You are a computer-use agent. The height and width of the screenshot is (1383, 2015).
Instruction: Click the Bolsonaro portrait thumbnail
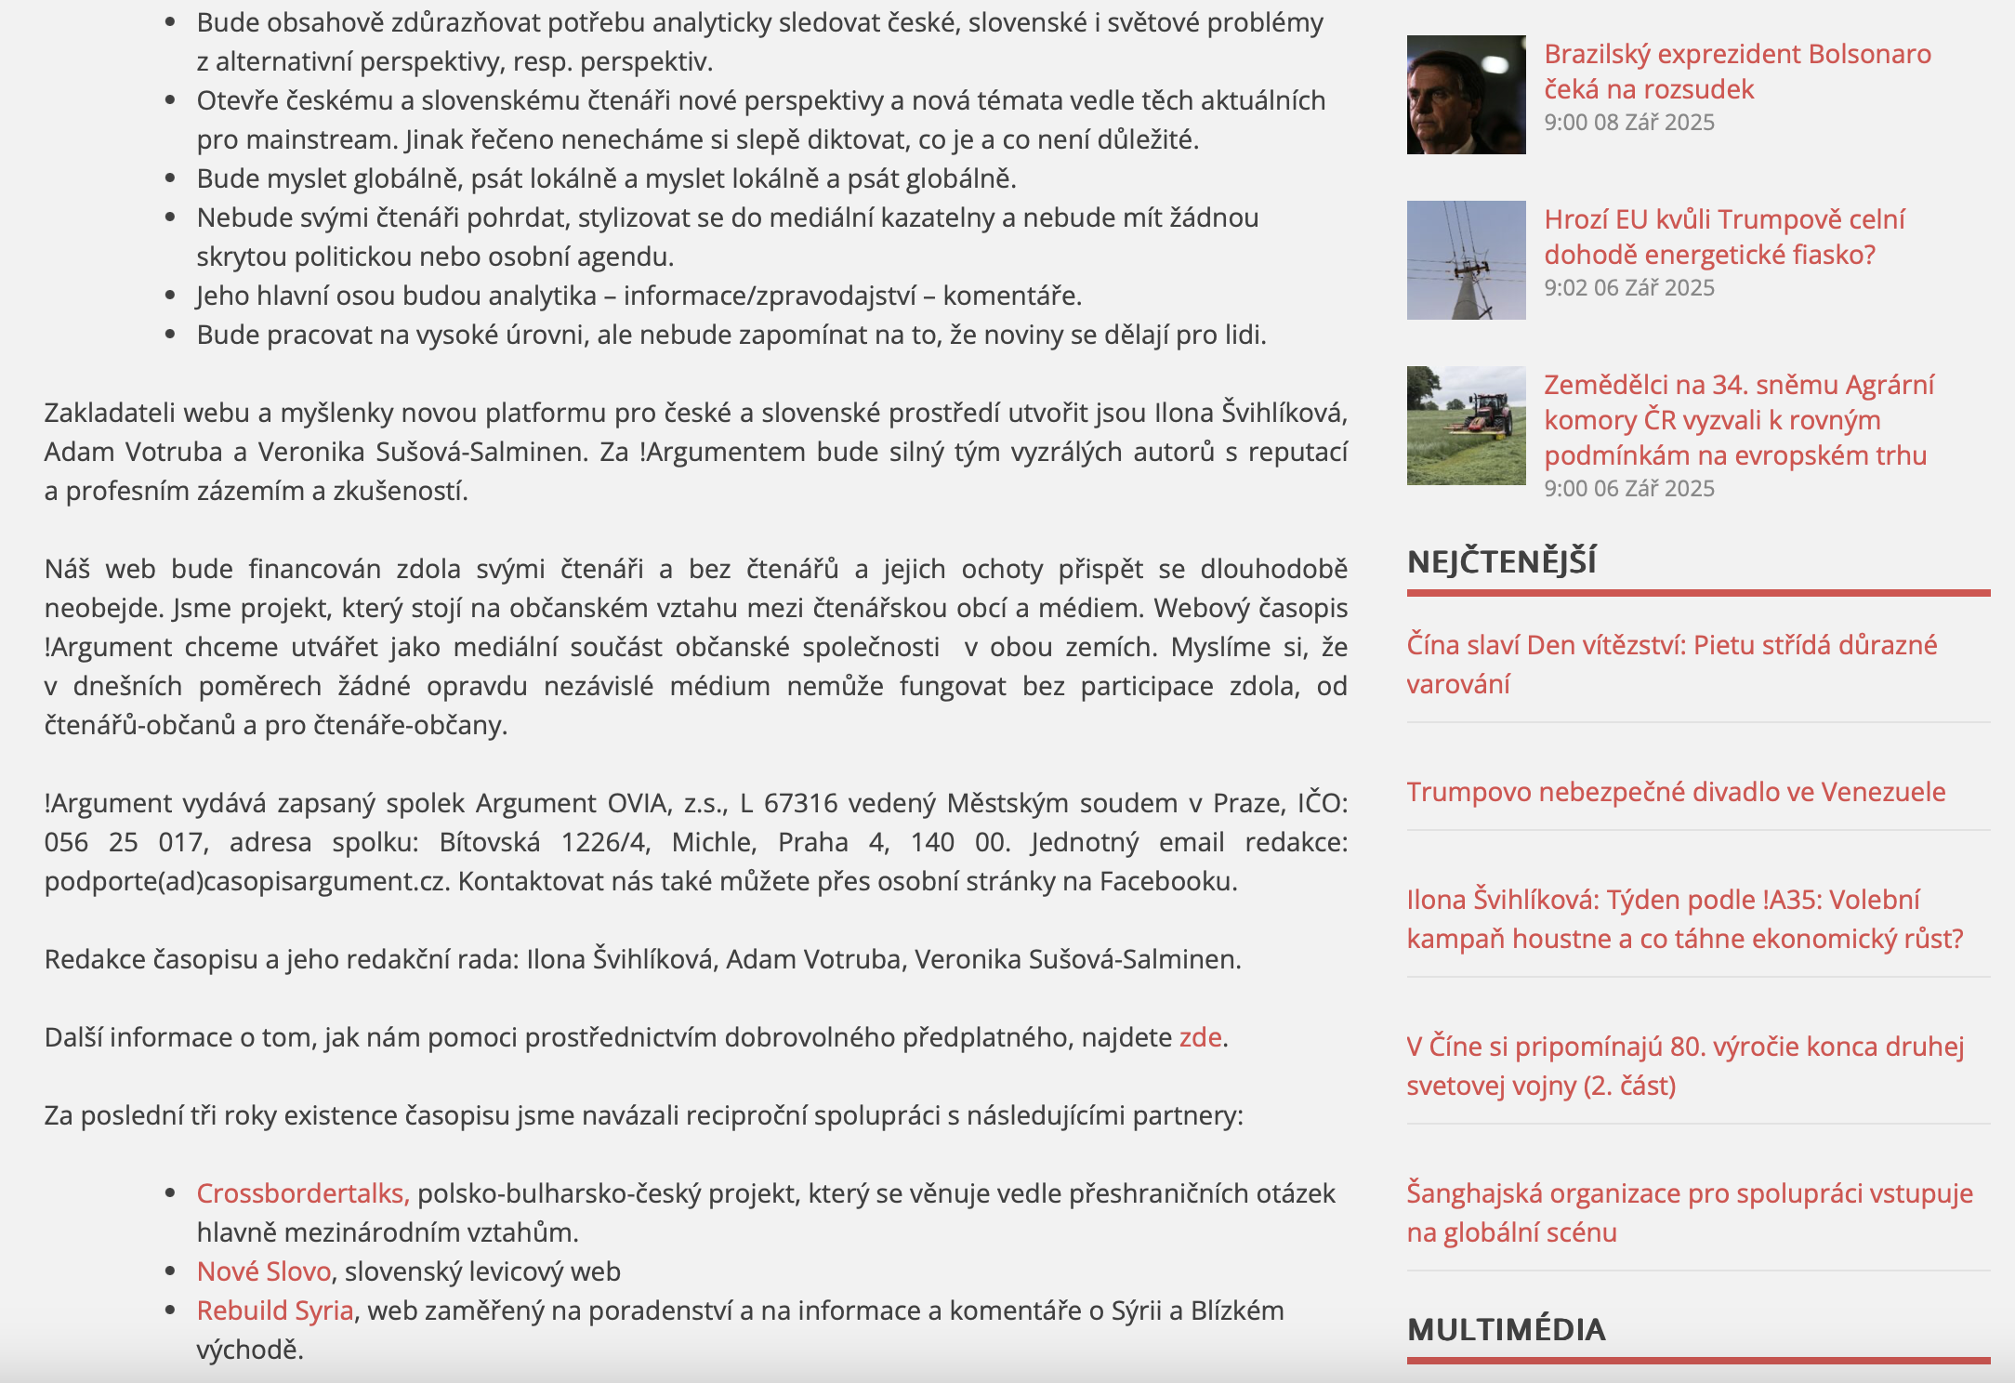tap(1466, 95)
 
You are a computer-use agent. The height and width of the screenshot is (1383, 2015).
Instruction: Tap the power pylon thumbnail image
tap(1466, 260)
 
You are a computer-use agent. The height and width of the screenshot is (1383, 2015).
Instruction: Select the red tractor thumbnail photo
tap(1466, 426)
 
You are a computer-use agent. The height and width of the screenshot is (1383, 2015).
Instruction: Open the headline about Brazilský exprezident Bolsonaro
tap(1736, 72)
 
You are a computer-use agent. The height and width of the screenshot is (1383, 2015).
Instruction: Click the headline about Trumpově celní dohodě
tap(1723, 237)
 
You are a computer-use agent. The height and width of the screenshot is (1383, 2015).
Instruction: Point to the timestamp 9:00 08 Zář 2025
tap(1628, 123)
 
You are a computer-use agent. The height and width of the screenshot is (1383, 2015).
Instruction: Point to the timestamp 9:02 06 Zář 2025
tap(1628, 288)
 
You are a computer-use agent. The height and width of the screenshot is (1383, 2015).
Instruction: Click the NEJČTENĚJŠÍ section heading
tap(1501, 562)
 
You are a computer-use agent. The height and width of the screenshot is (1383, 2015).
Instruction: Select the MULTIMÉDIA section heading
tap(1506, 1330)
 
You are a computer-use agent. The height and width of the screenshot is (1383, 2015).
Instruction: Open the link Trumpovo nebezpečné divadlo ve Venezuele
tap(1675, 792)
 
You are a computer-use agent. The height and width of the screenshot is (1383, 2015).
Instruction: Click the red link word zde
tap(1200, 1037)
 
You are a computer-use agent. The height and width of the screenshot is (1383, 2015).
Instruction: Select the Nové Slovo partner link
tap(264, 1271)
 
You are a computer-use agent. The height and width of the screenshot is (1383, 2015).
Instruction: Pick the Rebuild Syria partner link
tap(275, 1311)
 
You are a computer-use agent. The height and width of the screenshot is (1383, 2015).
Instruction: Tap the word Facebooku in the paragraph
tap(1167, 881)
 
